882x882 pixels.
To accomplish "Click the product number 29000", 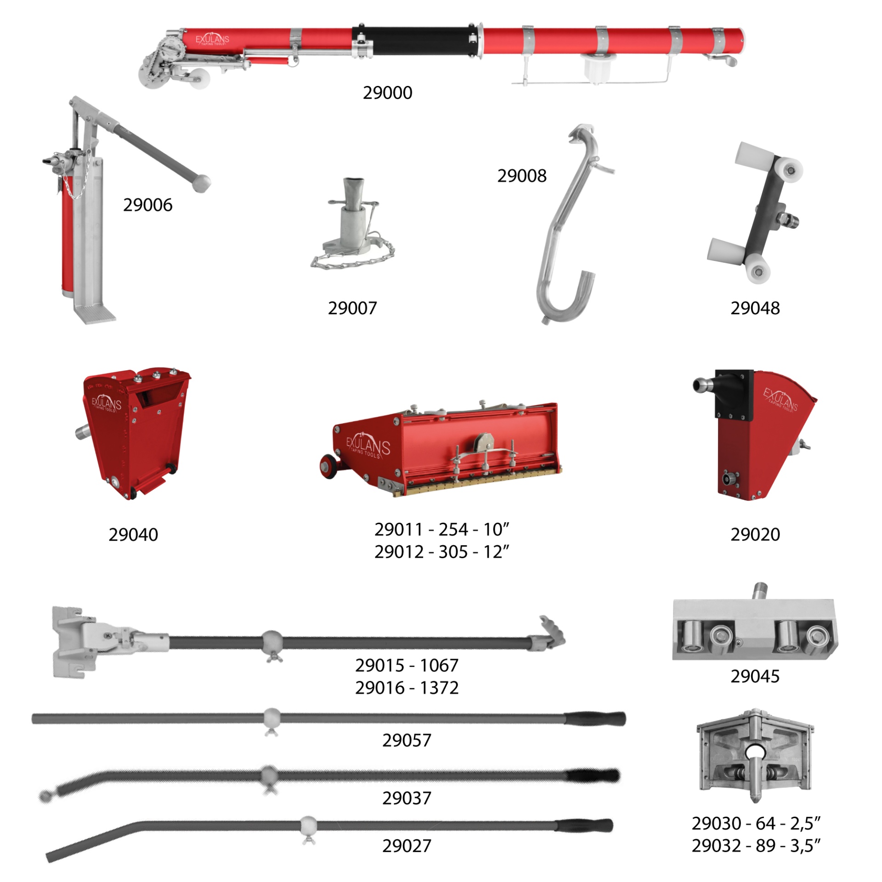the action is [387, 93].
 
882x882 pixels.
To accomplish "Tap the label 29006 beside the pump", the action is [147, 205].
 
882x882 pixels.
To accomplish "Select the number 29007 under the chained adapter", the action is [352, 308].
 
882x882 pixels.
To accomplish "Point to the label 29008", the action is [522, 175].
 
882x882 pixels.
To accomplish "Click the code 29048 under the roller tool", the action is [755, 308].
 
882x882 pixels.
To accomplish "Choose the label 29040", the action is [133, 534].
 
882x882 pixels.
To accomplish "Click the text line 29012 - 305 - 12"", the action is [442, 551].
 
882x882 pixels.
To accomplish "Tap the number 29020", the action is [755, 534].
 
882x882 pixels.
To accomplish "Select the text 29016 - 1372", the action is [407, 688].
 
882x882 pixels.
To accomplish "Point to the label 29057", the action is [407, 740].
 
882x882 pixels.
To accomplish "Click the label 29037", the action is [407, 798].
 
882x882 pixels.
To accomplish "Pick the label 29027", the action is [407, 846].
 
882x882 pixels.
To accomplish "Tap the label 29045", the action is [755, 676].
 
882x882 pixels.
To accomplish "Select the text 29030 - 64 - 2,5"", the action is [756, 823].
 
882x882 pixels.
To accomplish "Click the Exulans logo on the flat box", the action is [368, 446].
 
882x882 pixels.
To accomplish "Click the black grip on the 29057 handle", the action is [595, 718].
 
